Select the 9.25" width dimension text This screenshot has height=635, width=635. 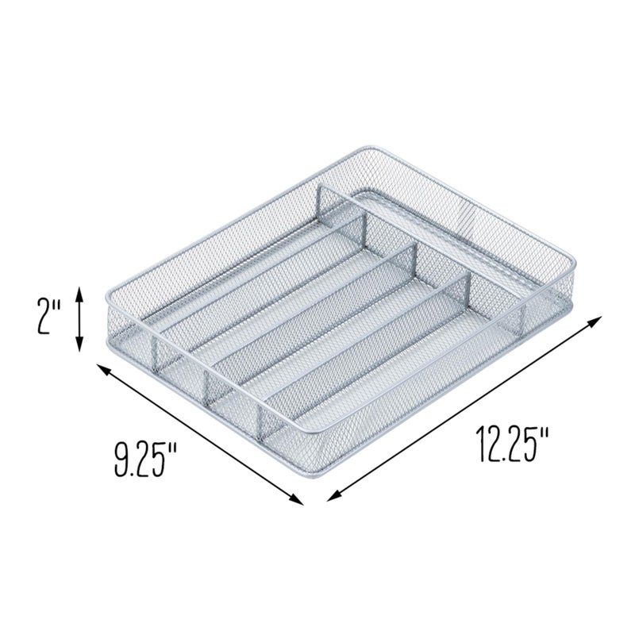(144, 460)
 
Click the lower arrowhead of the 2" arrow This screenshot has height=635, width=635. (79, 347)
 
